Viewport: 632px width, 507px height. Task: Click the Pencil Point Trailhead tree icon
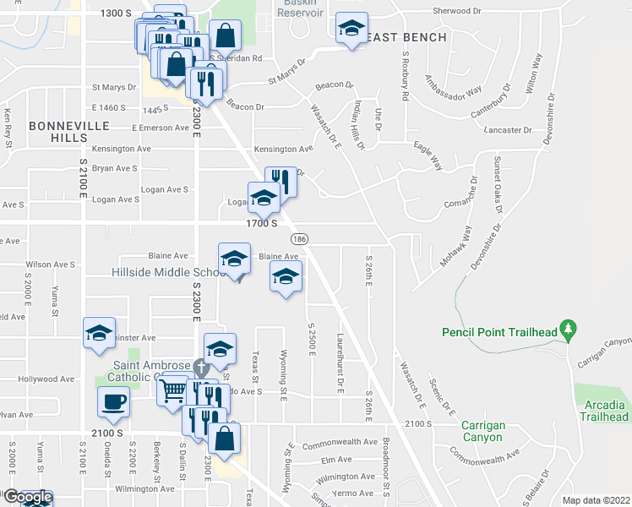pyautogui.click(x=569, y=327)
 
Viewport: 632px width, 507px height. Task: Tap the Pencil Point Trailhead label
pyautogui.click(x=499, y=332)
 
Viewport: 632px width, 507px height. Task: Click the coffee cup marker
pyautogui.click(x=113, y=403)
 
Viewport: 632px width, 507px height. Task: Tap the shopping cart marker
pyautogui.click(x=173, y=390)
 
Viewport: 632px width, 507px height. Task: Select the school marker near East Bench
pyautogui.click(x=351, y=30)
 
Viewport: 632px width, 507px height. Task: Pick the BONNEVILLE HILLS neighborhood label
pyautogui.click(x=58, y=131)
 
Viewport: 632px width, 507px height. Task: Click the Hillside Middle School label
pyautogui.click(x=166, y=273)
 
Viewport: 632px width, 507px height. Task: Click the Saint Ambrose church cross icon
pyautogui.click(x=199, y=368)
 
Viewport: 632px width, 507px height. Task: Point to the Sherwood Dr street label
pyautogui.click(x=455, y=12)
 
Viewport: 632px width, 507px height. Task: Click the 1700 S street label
pyautogui.click(x=263, y=224)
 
